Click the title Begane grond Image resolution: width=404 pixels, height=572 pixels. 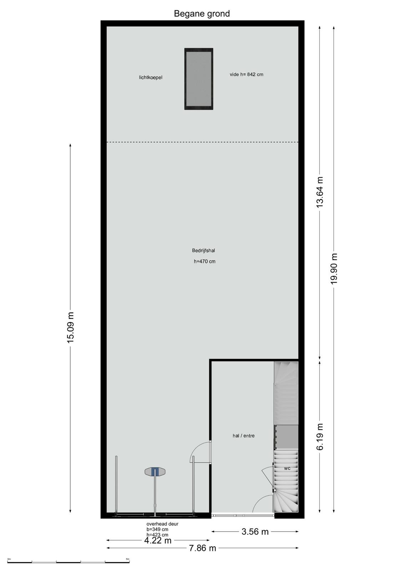(202, 14)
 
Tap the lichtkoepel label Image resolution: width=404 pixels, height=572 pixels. (151, 77)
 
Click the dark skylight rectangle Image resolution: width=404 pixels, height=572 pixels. (199, 79)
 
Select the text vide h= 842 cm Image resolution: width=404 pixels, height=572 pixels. (247, 75)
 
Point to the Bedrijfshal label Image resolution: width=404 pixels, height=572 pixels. (203, 251)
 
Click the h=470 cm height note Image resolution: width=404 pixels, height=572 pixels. (204, 261)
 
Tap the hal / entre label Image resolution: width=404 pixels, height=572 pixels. (244, 436)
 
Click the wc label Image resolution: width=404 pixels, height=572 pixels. (287, 469)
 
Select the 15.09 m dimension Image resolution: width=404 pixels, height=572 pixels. (70, 327)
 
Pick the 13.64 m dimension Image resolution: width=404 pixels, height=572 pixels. (320, 192)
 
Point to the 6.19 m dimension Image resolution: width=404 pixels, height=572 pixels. (320, 437)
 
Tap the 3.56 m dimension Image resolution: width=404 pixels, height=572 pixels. (255, 532)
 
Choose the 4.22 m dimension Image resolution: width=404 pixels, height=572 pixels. (158, 540)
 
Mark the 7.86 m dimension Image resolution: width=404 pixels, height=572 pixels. (202, 548)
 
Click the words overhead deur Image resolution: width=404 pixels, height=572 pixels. (162, 524)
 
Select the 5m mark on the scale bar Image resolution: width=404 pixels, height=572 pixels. (127, 557)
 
